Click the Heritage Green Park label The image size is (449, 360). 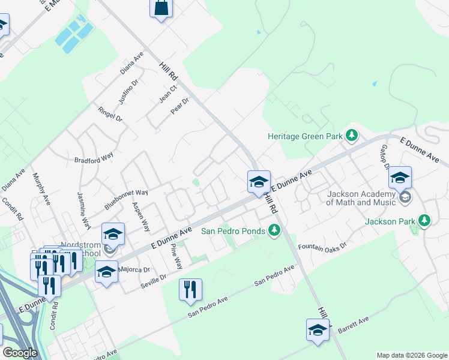(304, 137)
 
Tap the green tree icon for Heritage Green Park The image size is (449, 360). (352, 136)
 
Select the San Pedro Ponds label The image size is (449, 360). (232, 230)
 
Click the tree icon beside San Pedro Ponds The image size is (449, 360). (274, 230)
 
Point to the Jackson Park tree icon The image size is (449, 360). (424, 221)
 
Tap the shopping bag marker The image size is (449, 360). (161, 8)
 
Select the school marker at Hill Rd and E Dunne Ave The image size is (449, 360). (259, 182)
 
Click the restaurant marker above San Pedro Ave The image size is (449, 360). (190, 290)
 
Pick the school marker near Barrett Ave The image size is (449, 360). (318, 330)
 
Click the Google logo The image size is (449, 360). (20, 353)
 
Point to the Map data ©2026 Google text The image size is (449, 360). (411, 355)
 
